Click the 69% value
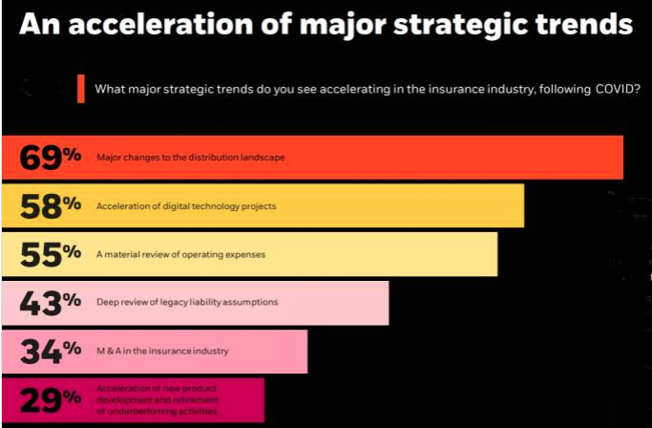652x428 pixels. coord(51,158)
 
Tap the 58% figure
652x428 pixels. coord(51,206)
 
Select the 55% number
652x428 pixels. coord(51,254)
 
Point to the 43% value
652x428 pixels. coord(51,303)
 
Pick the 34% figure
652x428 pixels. coord(51,351)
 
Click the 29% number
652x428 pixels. coord(51,399)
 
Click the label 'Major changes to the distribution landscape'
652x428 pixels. coord(191,158)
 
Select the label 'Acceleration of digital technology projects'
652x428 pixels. coord(186,206)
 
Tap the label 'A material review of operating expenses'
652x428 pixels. coord(180,254)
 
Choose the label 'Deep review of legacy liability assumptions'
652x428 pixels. coord(187,302)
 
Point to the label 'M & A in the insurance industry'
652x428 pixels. coord(162,351)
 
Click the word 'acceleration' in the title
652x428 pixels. coord(161,24)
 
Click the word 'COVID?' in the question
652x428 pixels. coord(618,89)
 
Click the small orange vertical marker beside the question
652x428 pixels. coord(81,89)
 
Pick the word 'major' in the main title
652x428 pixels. coord(343,26)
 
